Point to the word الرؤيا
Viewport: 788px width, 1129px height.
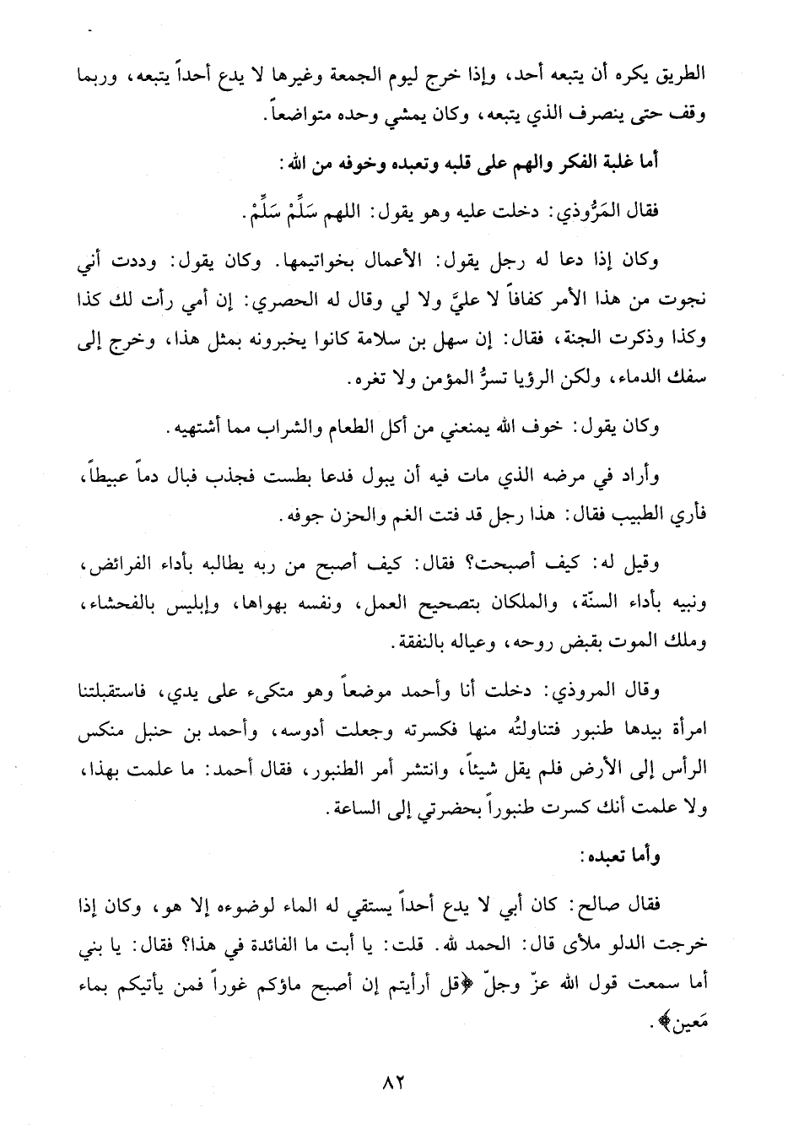[x=456, y=381]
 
